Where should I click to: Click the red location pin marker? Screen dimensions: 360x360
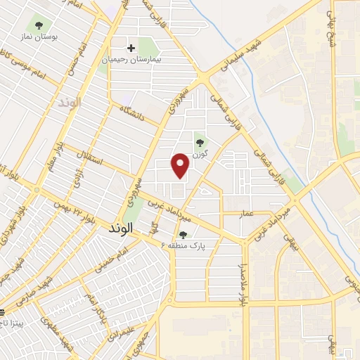pyautogui.click(x=181, y=165)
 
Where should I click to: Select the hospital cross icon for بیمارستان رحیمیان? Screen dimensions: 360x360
pyautogui.click(x=131, y=49)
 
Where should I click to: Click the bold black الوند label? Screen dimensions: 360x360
pyautogui.click(x=121, y=229)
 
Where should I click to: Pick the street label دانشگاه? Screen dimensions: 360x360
pyautogui.click(x=132, y=112)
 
